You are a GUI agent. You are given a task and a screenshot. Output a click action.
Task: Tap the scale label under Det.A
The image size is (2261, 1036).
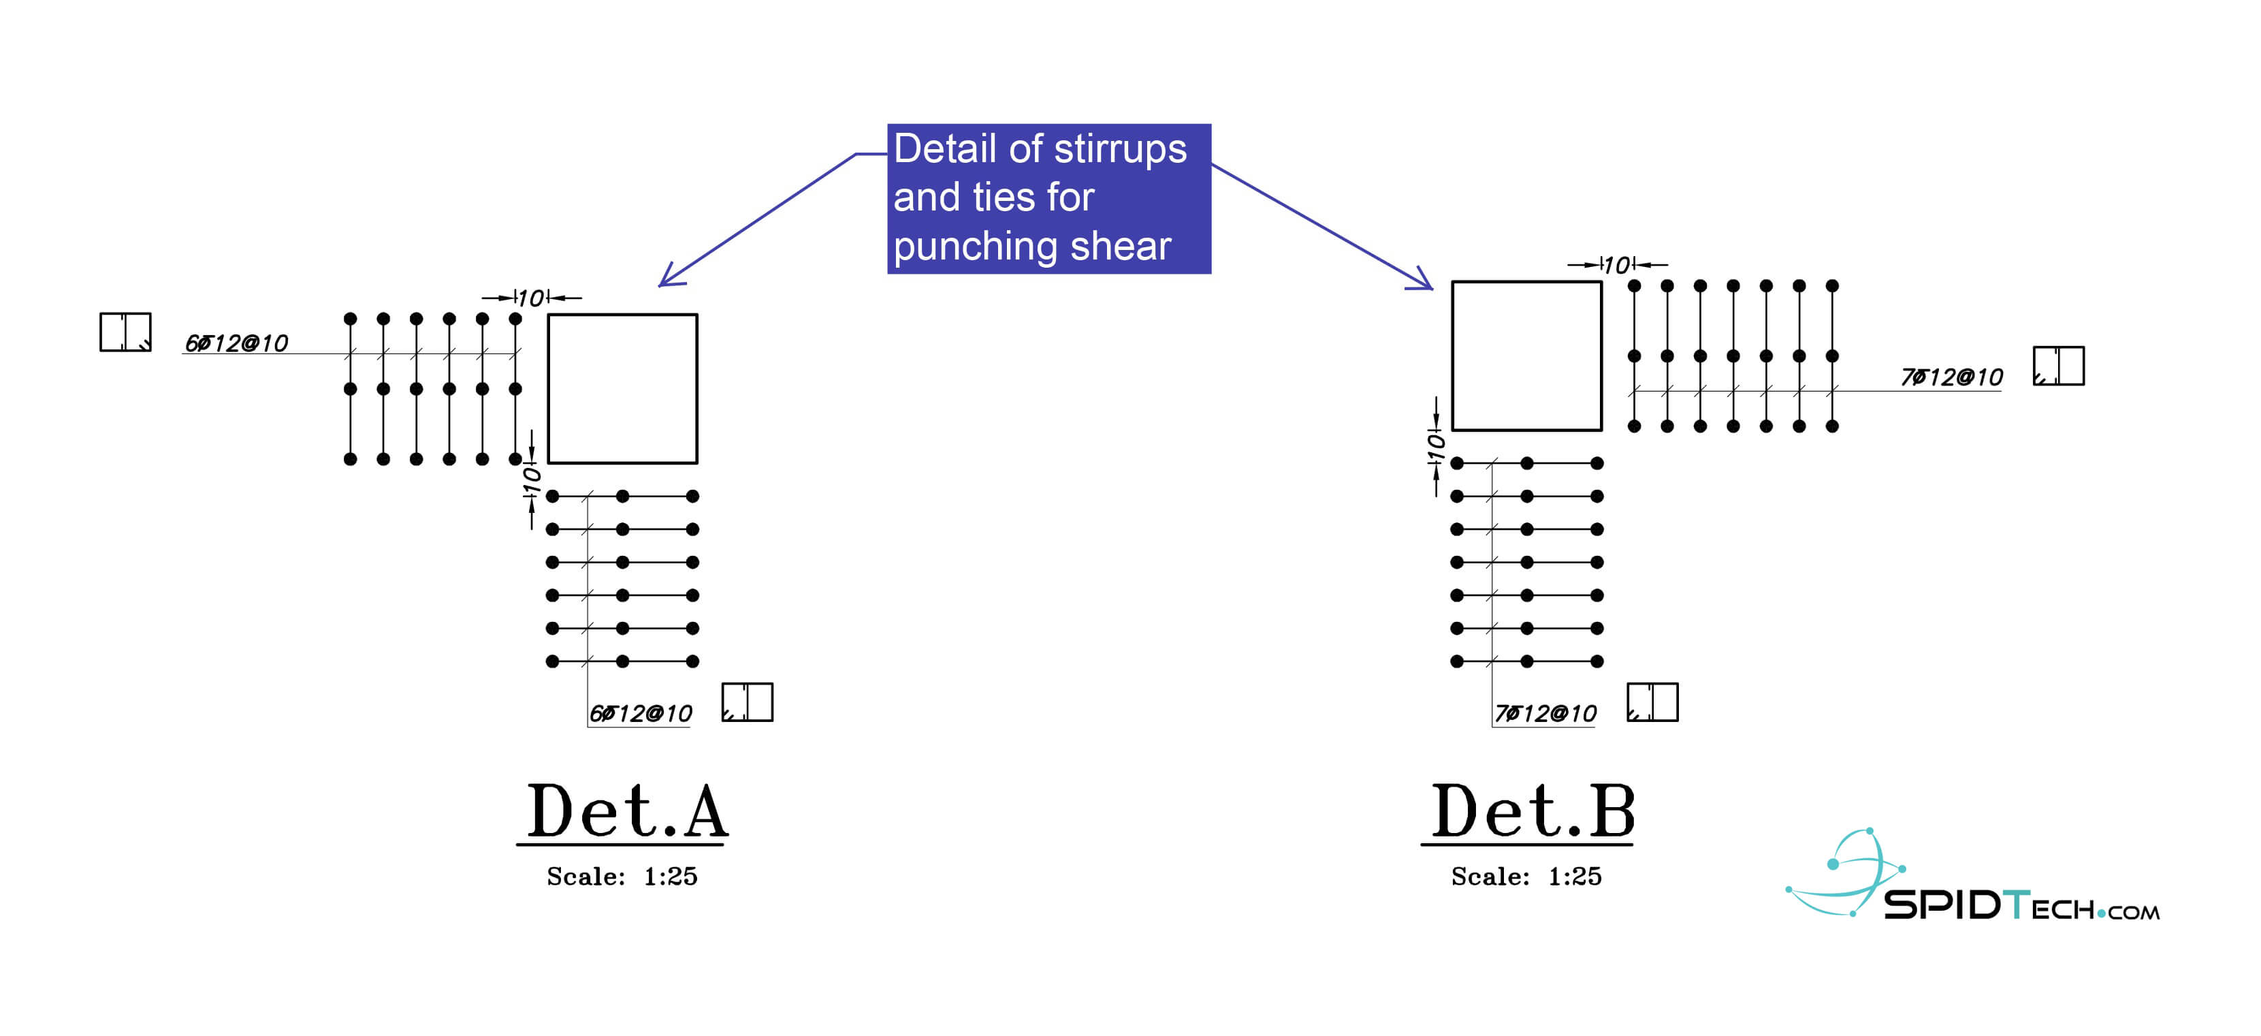click(x=622, y=876)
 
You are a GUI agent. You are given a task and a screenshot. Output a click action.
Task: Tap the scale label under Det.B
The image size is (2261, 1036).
click(x=1526, y=876)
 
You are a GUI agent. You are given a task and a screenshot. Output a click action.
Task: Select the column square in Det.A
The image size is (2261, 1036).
click(x=622, y=388)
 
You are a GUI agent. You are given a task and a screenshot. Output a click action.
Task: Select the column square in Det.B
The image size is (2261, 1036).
click(x=1526, y=356)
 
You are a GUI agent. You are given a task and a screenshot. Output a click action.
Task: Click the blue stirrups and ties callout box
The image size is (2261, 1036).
click(x=1049, y=198)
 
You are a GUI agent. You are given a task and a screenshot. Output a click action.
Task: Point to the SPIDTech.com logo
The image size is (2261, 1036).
click(x=1975, y=882)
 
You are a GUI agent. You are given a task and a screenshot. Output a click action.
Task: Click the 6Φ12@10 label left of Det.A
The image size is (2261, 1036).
click(x=236, y=343)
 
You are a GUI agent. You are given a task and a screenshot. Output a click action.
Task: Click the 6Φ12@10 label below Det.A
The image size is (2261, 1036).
click(x=641, y=713)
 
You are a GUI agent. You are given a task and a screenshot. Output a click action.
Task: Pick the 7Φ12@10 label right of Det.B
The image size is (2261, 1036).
click(x=1951, y=377)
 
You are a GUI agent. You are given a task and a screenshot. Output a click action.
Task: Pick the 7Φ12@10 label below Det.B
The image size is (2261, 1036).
click(x=1545, y=713)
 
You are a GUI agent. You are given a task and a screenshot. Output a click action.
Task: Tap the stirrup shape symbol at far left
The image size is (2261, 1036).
click(x=125, y=332)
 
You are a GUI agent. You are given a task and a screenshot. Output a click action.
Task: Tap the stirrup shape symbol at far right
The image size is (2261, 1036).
click(x=2058, y=365)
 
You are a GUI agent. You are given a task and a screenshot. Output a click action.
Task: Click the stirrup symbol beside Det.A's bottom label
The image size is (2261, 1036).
click(x=747, y=702)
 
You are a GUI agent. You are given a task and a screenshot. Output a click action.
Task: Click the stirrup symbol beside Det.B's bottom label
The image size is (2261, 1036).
click(x=1652, y=702)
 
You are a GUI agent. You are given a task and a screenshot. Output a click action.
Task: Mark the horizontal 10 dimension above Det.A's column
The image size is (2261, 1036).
click(x=531, y=298)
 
